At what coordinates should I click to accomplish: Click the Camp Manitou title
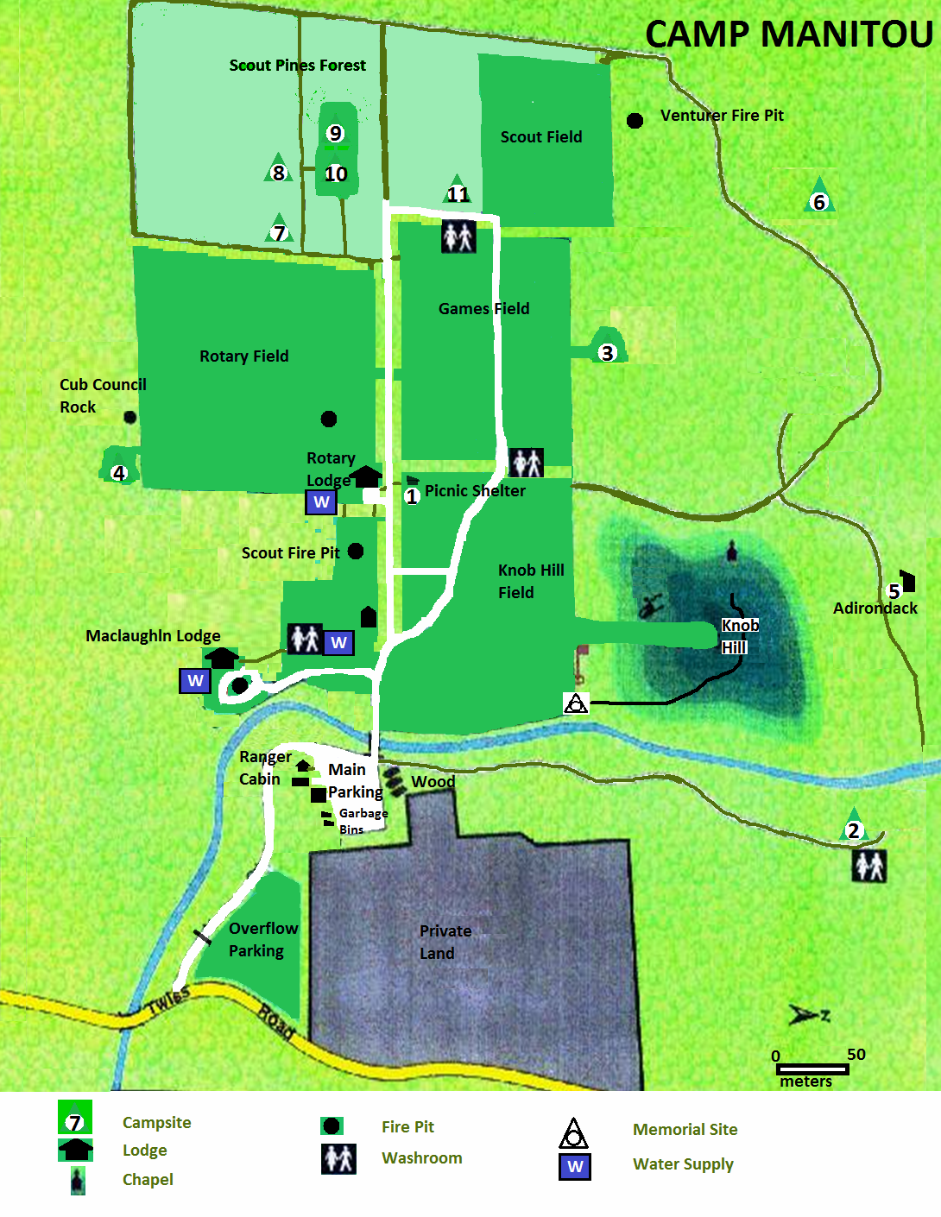tap(789, 35)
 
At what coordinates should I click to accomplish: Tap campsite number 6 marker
tap(818, 198)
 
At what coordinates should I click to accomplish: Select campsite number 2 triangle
tap(853, 827)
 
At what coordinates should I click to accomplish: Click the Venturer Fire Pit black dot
tap(635, 121)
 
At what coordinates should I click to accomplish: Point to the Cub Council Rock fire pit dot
tap(130, 418)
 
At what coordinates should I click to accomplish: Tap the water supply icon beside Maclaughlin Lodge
tap(195, 681)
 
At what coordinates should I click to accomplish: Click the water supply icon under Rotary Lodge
tap(321, 502)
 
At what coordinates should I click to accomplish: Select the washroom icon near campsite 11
tap(458, 236)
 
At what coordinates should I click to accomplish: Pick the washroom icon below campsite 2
tap(869, 866)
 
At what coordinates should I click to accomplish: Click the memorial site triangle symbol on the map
tap(576, 703)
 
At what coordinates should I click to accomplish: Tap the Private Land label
tap(445, 942)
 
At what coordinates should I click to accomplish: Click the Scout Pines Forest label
tap(297, 66)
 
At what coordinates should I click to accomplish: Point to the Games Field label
tap(483, 309)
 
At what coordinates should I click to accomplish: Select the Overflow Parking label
tap(262, 939)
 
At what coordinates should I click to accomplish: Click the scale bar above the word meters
tap(812, 1069)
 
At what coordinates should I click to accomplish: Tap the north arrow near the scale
tap(808, 1015)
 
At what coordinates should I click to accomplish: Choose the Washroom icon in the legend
tap(338, 1158)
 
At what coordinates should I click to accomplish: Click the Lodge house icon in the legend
tap(76, 1150)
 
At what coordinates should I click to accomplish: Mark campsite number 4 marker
tap(119, 470)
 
